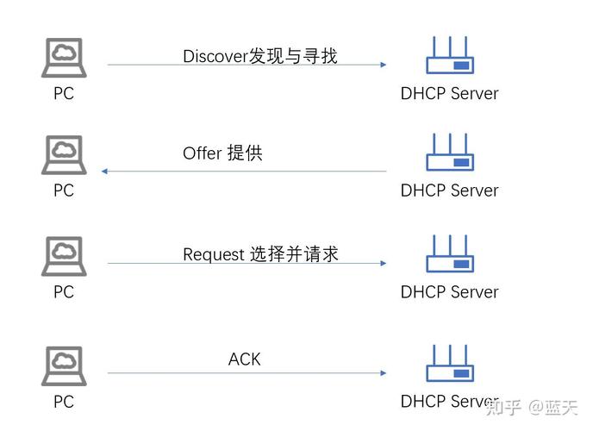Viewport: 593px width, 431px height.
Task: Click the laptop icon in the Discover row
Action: click(63, 59)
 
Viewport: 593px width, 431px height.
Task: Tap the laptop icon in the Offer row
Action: click(63, 156)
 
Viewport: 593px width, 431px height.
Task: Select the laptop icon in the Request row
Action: click(63, 257)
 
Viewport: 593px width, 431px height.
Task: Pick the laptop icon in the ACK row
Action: click(63, 366)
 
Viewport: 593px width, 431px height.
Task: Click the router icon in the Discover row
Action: click(449, 56)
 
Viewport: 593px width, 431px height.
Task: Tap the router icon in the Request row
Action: click(449, 254)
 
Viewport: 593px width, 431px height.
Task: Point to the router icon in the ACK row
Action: click(449, 364)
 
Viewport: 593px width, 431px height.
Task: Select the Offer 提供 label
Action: click(222, 153)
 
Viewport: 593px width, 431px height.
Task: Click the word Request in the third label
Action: click(214, 254)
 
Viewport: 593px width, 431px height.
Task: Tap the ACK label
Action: click(244, 359)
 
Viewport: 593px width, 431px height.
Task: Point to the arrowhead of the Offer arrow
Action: click(105, 172)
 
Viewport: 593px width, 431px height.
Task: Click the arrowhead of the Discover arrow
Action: click(383, 65)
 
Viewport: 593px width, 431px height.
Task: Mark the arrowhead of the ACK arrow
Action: click(383, 373)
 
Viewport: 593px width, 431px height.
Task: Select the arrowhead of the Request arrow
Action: click(383, 264)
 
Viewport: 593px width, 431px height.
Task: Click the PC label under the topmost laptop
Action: click(64, 93)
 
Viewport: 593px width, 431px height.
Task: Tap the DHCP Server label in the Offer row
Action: click(449, 191)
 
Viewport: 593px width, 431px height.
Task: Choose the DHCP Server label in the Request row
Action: click(449, 292)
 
